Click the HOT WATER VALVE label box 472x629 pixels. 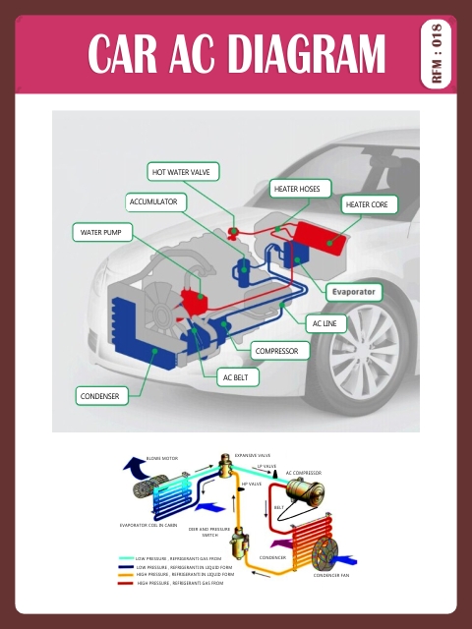(x=185, y=172)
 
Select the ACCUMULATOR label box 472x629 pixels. (x=154, y=202)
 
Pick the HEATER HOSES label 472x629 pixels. (x=302, y=188)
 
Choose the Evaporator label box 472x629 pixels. (x=354, y=293)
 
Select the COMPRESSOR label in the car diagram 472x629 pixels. (x=281, y=350)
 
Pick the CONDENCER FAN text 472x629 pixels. (x=331, y=576)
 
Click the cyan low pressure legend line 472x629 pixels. (x=125, y=558)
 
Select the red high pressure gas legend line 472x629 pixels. (x=125, y=583)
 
